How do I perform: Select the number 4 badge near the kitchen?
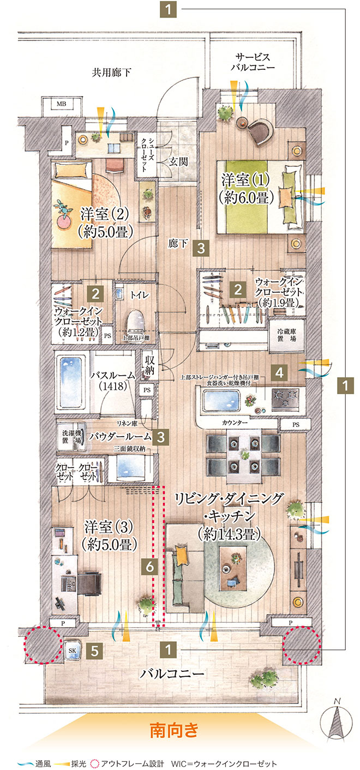pyautogui.click(x=279, y=372)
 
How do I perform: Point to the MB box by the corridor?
pyautogui.click(x=61, y=103)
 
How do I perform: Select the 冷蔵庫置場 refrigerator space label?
pyautogui.click(x=286, y=334)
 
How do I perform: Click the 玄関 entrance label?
pyautogui.click(x=178, y=162)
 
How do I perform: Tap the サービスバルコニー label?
pyautogui.click(x=255, y=63)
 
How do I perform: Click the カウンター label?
pyautogui.click(x=236, y=423)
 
